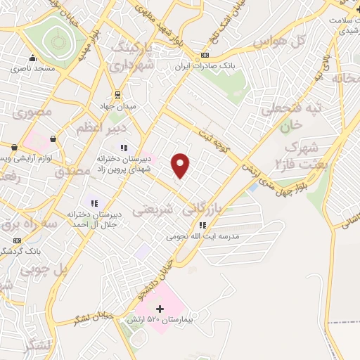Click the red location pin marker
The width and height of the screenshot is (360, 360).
[181, 165]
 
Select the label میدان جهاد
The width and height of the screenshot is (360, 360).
[117, 105]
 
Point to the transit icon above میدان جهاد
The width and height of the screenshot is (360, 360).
[117, 94]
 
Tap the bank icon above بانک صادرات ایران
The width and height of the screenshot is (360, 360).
[205, 56]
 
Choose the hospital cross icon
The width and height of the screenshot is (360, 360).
[160, 309]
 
